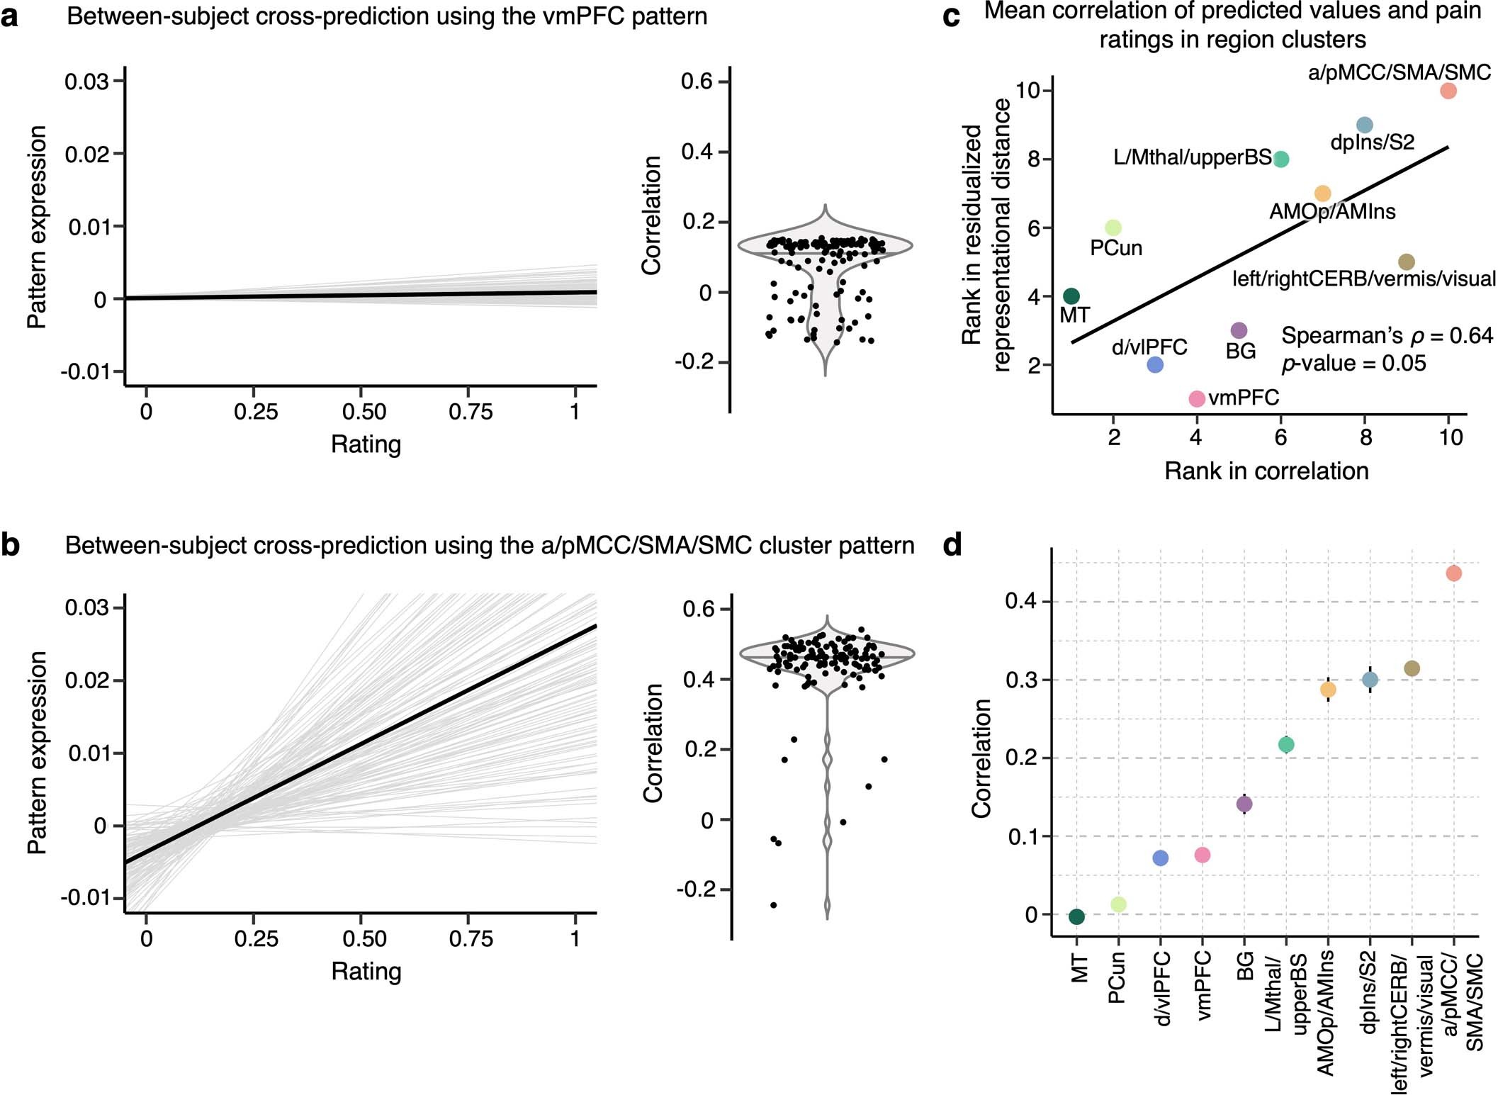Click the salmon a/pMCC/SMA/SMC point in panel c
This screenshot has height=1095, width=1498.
[x=1448, y=91]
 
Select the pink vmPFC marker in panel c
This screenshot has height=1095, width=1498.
[x=1196, y=399]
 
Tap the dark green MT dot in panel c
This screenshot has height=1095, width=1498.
[x=1071, y=296]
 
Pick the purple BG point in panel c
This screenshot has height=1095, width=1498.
[x=1239, y=330]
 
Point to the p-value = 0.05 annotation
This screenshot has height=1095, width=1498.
[x=1353, y=364]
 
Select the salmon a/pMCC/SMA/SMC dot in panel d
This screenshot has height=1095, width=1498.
[x=1453, y=573]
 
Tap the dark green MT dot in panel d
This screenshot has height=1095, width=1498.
[x=1076, y=916]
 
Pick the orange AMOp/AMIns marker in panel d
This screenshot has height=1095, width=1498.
[x=1328, y=689]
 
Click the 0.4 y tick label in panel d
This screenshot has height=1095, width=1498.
[x=1020, y=602]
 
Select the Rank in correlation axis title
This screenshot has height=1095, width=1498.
[x=1266, y=471]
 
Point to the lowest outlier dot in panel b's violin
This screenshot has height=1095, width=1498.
[x=773, y=905]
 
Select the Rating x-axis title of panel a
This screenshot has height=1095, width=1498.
[x=366, y=444]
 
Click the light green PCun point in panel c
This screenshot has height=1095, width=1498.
[x=1113, y=228]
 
